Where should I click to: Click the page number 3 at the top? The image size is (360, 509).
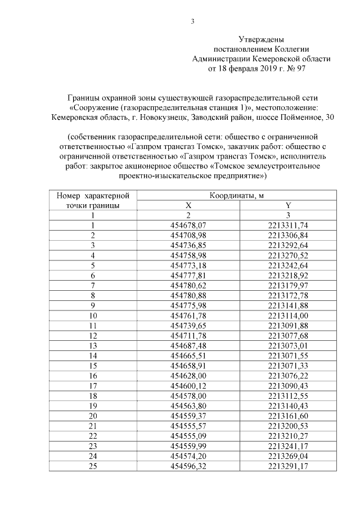pyautogui.click(x=192, y=22)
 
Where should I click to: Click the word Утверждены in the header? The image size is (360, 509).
pyautogui.click(x=261, y=40)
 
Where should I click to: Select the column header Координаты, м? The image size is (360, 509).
pyautogui.click(x=237, y=196)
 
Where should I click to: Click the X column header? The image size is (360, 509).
pyautogui.click(x=188, y=205)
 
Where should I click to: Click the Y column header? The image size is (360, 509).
pyautogui.click(x=287, y=205)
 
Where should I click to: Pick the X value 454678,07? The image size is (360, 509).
pyautogui.click(x=188, y=225)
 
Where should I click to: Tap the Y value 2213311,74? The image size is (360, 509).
pyautogui.click(x=287, y=225)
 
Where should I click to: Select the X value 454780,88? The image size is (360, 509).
pyautogui.click(x=188, y=295)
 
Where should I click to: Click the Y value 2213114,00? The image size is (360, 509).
pyautogui.click(x=287, y=315)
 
